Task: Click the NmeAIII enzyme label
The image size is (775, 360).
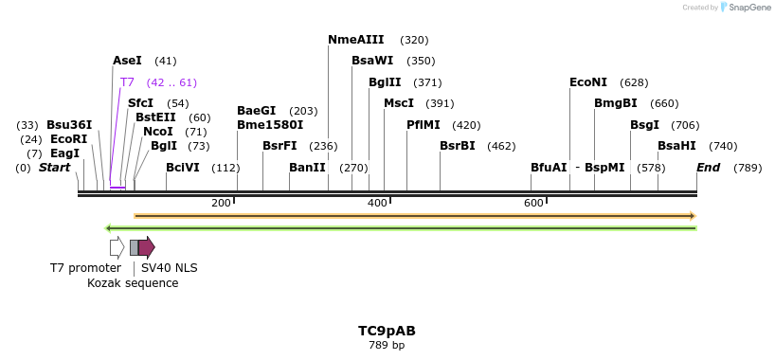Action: pos(356,40)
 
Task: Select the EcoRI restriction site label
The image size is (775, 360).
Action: pos(68,139)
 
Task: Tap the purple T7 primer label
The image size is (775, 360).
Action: pos(127,82)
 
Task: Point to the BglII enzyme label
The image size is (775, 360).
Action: pos(385,82)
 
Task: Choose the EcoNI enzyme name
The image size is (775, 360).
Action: pos(588,82)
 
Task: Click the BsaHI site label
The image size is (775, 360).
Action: pos(676,146)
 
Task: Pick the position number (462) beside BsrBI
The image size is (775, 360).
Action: pos(501,146)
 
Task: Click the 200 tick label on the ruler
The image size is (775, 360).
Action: pos(221,203)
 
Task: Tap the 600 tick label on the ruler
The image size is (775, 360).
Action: pos(533,203)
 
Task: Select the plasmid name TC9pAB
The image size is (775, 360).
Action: pos(387,331)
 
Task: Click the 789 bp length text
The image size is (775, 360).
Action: pos(387,345)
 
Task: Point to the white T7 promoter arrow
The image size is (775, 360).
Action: pos(117,247)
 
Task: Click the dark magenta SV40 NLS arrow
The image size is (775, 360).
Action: pos(147,247)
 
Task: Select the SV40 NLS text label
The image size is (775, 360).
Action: pos(170,268)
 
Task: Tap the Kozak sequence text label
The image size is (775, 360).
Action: pos(133,283)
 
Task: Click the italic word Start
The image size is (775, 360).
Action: pos(54,168)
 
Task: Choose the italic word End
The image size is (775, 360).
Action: pos(708,168)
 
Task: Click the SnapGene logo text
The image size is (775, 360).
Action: pos(750,8)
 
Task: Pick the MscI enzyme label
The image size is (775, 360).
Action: pos(399,103)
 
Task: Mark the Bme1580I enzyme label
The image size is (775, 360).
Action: pos(270,124)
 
